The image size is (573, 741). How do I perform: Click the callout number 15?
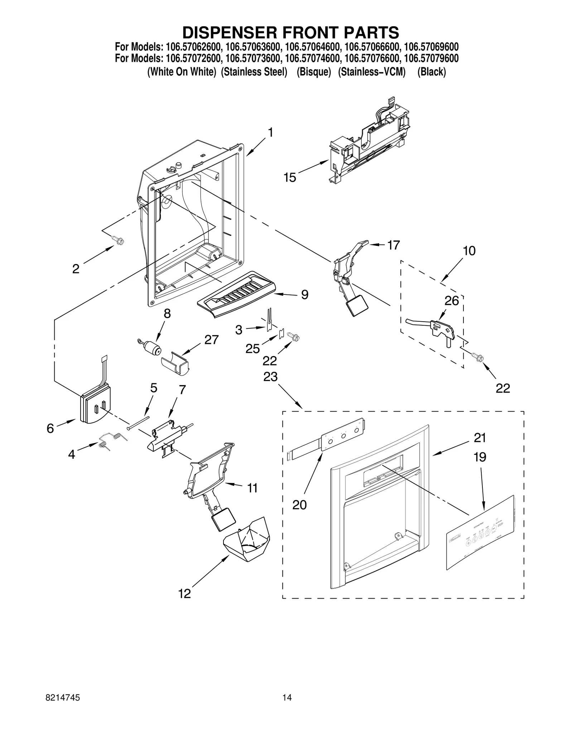290,177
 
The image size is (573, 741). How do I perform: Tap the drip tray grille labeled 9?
237,294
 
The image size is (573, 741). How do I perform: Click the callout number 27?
211,340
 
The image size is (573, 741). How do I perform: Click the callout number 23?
270,377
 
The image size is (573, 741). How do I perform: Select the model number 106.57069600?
431,47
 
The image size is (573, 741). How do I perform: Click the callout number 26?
452,301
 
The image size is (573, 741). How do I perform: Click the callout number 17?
393,245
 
